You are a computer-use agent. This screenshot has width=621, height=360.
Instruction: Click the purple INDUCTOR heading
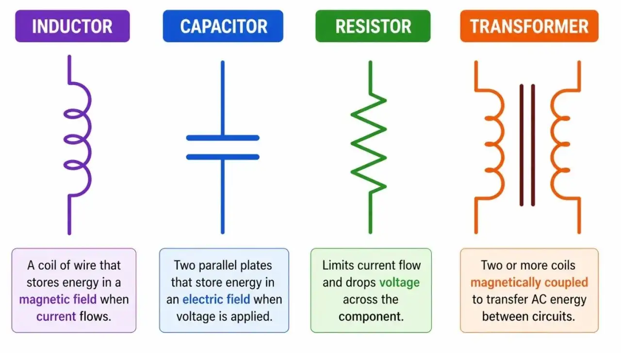click(x=72, y=26)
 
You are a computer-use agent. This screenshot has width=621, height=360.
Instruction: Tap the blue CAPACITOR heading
click(x=223, y=26)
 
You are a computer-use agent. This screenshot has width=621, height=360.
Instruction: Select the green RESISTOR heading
click(x=373, y=26)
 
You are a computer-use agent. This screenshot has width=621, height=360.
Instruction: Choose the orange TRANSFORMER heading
click(x=529, y=26)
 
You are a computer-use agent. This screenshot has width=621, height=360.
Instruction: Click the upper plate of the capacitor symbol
click(x=223, y=138)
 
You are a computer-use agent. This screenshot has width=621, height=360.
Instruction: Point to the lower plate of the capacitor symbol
click(x=223, y=157)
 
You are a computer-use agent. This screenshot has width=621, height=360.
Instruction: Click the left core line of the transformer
click(x=522, y=145)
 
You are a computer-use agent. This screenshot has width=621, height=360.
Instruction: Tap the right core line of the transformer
click(x=533, y=145)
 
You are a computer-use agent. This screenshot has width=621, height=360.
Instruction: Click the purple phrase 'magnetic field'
click(x=58, y=299)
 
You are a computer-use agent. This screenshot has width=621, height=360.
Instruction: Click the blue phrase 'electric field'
click(x=216, y=299)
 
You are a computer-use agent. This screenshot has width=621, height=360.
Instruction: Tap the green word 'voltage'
click(x=399, y=283)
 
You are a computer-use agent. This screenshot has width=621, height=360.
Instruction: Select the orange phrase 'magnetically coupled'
click(x=529, y=283)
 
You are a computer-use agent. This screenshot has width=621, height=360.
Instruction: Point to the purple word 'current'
click(x=56, y=316)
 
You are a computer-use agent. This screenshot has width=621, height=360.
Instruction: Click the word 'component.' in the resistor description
click(x=371, y=317)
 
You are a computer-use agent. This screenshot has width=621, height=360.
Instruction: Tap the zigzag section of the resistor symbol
click(x=369, y=143)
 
